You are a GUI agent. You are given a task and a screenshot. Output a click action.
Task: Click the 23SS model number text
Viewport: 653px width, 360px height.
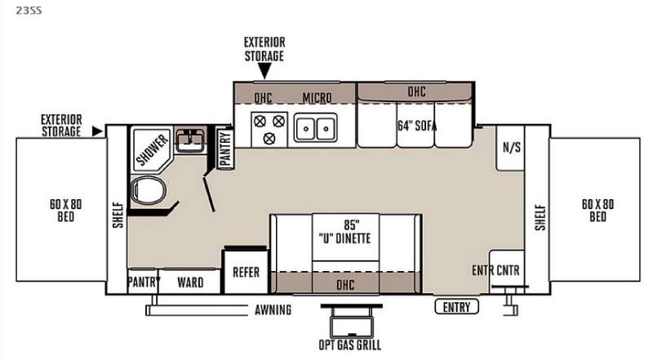pyautogui.click(x=29, y=11)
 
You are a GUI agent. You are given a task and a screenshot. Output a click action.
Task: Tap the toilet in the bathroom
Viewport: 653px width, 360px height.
pyautogui.click(x=148, y=190)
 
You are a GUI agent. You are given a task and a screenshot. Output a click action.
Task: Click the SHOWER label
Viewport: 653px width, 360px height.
pyautogui.click(x=153, y=149)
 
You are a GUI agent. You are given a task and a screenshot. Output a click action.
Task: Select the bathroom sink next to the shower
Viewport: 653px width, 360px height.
pyautogui.click(x=190, y=140)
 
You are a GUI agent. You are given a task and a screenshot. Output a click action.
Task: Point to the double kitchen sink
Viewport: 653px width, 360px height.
pyautogui.click(x=316, y=127)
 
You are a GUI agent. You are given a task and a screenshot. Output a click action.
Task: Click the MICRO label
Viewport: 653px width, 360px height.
pyautogui.click(x=317, y=98)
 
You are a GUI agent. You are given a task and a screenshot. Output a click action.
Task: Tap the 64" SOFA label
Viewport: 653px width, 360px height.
pyautogui.click(x=417, y=126)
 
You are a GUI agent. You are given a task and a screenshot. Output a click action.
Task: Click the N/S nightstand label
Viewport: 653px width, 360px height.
pyautogui.click(x=512, y=147)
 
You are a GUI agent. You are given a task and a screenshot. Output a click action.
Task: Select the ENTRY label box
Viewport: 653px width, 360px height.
pyautogui.click(x=456, y=307)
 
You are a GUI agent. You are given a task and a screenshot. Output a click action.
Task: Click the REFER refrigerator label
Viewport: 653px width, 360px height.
pyautogui.click(x=246, y=273)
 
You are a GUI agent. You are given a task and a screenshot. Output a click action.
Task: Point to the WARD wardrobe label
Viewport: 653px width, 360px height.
pyautogui.click(x=190, y=282)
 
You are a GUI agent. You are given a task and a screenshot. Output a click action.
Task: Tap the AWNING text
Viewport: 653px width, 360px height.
pyautogui.click(x=273, y=310)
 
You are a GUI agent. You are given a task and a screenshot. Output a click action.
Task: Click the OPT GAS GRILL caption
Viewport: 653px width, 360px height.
pyautogui.click(x=350, y=345)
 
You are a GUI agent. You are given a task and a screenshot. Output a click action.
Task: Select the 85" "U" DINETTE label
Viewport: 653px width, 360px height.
pyautogui.click(x=344, y=232)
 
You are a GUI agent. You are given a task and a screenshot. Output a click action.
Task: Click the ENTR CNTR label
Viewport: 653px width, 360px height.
pyautogui.click(x=495, y=270)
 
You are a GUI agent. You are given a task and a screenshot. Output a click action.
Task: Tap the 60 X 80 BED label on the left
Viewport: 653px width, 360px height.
pyautogui.click(x=66, y=211)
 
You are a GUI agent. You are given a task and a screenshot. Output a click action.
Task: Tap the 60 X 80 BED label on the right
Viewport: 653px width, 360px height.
pyautogui.click(x=597, y=211)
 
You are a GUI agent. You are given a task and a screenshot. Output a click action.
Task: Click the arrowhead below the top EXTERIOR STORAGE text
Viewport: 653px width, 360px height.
pyautogui.click(x=264, y=73)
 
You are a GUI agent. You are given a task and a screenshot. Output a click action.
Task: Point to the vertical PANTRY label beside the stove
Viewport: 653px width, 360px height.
pyautogui.click(x=225, y=149)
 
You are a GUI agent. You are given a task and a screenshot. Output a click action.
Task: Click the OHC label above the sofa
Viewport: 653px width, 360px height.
pyautogui.click(x=416, y=91)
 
